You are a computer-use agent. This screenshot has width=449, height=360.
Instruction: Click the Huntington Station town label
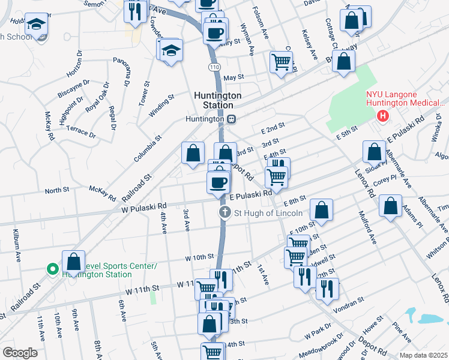218,100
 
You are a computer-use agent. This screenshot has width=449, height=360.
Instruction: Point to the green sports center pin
52,270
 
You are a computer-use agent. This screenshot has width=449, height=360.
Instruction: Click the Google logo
20,353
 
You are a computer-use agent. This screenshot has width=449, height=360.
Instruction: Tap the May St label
234,77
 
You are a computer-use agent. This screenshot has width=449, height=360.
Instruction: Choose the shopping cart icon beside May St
281,62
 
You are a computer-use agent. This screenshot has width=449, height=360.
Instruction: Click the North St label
57,190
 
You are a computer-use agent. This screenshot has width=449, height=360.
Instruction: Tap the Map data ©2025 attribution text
423,355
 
